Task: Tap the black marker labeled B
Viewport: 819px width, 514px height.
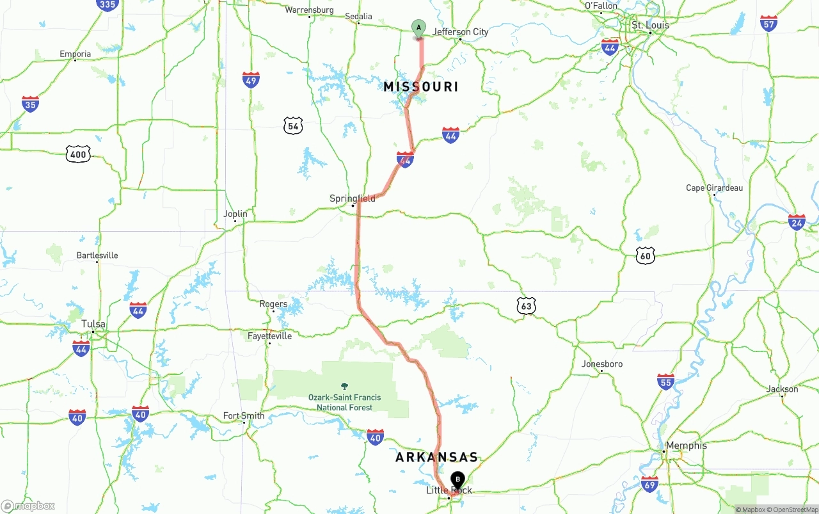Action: [x=457, y=479]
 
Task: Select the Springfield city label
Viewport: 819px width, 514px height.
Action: [x=352, y=198]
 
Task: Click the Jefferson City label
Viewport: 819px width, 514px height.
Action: [x=460, y=32]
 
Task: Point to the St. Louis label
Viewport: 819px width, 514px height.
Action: [x=650, y=26]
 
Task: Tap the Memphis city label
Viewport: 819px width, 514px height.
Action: [x=686, y=446]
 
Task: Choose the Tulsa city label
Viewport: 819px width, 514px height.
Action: [x=93, y=324]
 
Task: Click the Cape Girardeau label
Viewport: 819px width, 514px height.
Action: [x=714, y=188]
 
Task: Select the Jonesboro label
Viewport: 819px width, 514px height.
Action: [x=601, y=364]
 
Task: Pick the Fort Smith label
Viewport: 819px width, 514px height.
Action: [x=244, y=416]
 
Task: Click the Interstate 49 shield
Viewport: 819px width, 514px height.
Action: [x=251, y=80]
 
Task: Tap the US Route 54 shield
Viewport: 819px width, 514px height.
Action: [x=293, y=125]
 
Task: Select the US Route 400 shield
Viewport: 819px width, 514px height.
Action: [x=78, y=154]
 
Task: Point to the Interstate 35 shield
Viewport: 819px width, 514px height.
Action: [x=30, y=104]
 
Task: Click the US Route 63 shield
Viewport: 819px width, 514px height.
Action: [x=526, y=306]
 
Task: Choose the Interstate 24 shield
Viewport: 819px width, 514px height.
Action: [x=797, y=223]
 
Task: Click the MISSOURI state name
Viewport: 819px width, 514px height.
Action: [x=421, y=86]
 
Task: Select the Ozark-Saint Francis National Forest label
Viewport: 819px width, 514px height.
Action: [x=344, y=402]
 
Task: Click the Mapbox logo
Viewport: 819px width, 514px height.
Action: [x=28, y=506]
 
